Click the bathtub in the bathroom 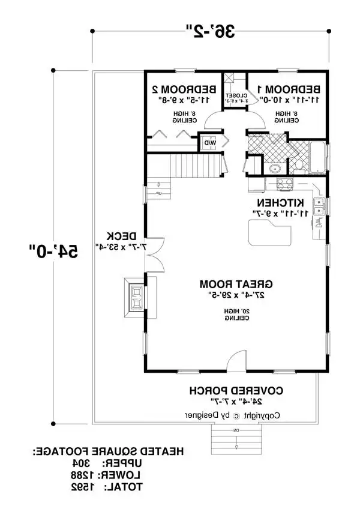pyautogui.click(x=315, y=157)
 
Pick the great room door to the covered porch pyautogui.click(x=235, y=363)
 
